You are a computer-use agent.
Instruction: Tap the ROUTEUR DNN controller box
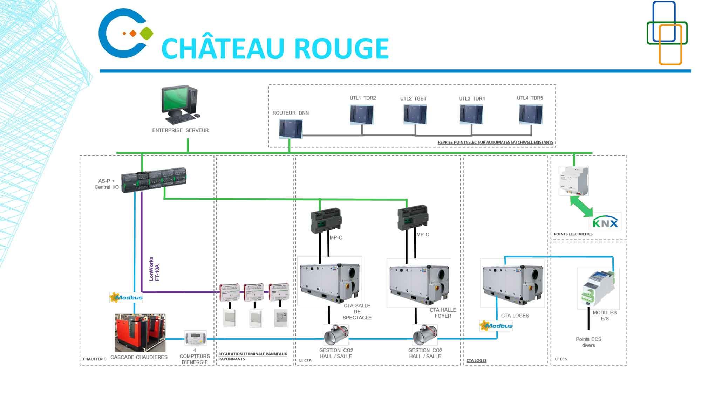291,129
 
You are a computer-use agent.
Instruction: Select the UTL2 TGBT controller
415,115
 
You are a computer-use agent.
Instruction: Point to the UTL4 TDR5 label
530,98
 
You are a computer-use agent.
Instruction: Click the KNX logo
605,222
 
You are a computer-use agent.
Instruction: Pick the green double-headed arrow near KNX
581,206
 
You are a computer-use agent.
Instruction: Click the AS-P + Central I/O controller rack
154,179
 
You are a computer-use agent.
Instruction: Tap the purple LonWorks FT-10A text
154,269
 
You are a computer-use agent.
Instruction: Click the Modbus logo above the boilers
126,298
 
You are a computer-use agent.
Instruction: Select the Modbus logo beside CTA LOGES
496,326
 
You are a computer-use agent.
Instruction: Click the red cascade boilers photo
140,332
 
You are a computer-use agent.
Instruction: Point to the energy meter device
195,338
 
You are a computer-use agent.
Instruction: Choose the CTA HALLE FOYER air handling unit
419,283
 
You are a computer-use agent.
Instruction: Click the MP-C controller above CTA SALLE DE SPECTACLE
326,220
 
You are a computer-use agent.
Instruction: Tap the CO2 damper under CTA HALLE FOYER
425,335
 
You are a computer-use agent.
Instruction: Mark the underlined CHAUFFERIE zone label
94,359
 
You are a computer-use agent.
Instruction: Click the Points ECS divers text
588,342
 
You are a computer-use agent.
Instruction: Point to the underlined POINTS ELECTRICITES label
573,234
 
